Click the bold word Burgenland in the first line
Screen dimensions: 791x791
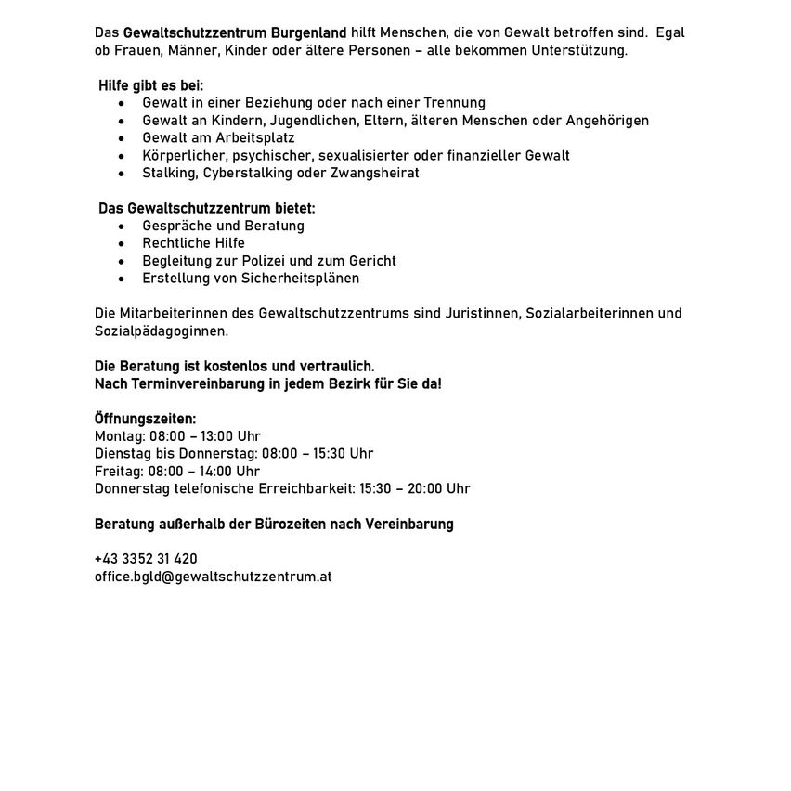click(309, 32)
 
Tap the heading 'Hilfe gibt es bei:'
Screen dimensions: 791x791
click(151, 85)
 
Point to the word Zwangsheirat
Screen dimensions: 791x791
click(380, 173)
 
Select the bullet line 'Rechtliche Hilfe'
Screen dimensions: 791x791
click(193, 243)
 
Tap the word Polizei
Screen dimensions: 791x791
click(272, 261)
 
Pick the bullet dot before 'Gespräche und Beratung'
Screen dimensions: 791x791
click(121, 226)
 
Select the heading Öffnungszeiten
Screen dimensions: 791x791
click(146, 419)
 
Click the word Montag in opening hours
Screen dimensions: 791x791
click(117, 436)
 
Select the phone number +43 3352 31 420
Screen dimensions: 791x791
click(146, 559)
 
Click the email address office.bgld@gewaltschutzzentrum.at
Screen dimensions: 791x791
click(213, 577)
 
